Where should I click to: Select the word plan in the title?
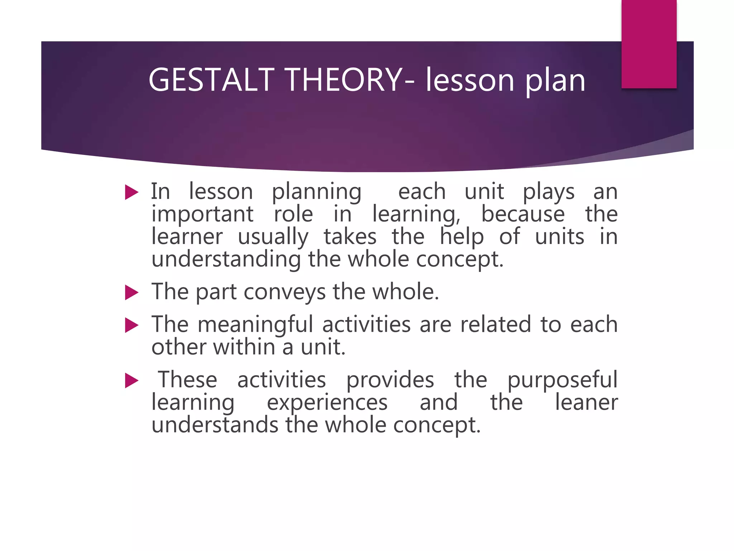point(555,81)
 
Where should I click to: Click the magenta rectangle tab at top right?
point(649,44)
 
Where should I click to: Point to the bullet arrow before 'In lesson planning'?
point(132,192)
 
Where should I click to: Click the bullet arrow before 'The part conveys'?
point(132,292)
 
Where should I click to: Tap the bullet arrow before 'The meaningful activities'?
point(132,325)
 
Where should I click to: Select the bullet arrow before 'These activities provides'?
point(132,381)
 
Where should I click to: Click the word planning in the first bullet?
point(316,192)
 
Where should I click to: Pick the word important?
point(202,215)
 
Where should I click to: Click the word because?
point(523,214)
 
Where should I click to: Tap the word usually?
point(273,237)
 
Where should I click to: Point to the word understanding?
point(226,260)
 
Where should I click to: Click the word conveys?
point(285,292)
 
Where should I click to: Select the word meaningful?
point(256,325)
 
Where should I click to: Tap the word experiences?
point(327,403)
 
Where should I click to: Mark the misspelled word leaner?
point(586,402)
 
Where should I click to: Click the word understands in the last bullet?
point(215,425)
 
